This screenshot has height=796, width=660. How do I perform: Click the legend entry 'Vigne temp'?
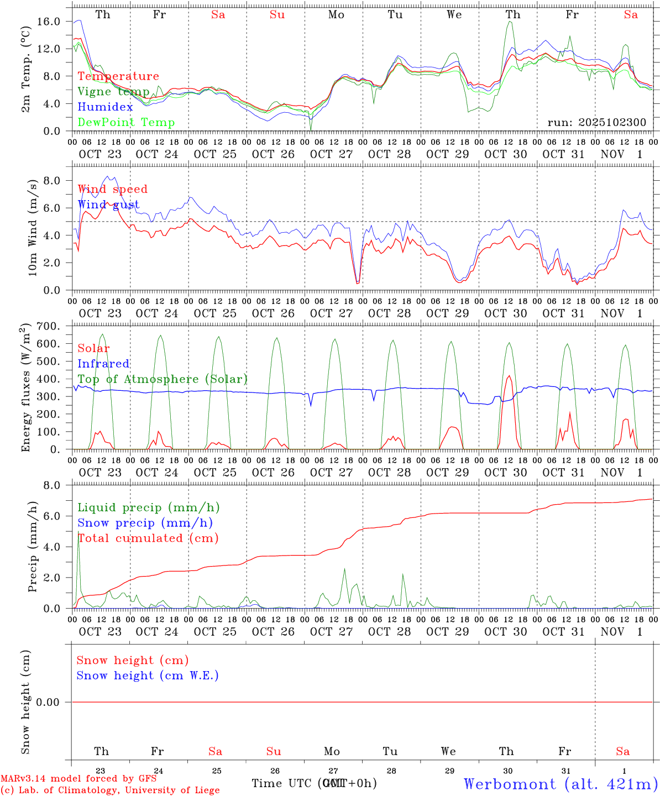(113, 92)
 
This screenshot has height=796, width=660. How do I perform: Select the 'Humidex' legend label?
(105, 107)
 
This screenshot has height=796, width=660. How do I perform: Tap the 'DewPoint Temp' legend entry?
(126, 123)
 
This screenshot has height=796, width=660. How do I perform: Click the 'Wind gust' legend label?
(108, 205)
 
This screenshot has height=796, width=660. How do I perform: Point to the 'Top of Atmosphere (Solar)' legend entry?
(163, 379)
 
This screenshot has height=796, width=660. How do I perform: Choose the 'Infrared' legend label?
(103, 364)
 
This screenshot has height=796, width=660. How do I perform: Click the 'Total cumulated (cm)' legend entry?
(148, 538)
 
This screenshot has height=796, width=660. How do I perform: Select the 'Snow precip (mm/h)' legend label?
(145, 523)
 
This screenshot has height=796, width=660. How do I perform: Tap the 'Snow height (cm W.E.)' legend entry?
(148, 675)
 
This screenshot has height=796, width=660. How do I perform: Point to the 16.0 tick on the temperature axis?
(49, 22)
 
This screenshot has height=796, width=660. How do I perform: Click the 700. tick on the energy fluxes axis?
(48, 326)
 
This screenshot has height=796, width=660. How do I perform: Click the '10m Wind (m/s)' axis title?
(32, 228)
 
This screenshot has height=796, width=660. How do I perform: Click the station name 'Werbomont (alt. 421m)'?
(561, 784)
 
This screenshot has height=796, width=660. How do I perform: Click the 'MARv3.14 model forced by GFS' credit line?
(78, 779)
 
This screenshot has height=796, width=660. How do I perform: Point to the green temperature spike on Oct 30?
(510, 22)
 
